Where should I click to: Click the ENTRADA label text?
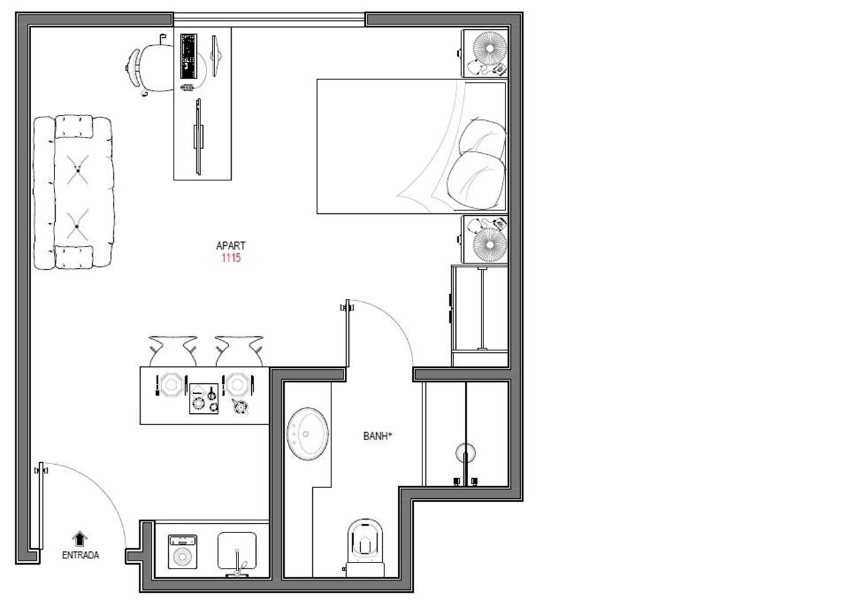80,556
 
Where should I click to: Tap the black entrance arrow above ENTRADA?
80,539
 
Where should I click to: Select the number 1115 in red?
231,258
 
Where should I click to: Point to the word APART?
231,245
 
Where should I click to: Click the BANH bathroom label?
377,435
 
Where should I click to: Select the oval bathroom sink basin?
308,434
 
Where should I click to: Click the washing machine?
182,551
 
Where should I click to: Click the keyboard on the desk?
188,56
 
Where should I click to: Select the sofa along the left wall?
73,192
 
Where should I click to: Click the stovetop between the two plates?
203,399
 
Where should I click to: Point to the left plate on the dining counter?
171,385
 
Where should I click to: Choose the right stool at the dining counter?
239,351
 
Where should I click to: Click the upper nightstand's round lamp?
490,49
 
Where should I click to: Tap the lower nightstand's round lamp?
490,244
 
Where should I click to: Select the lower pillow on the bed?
476,181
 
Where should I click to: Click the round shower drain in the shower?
465,451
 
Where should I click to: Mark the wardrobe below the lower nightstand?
479,315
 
